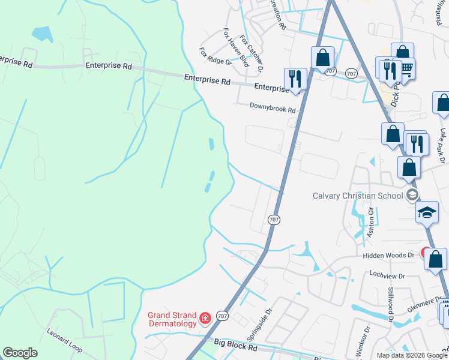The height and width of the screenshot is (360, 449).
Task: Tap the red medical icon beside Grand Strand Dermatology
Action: click(x=205, y=317)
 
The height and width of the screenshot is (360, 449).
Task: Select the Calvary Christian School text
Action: click(x=358, y=196)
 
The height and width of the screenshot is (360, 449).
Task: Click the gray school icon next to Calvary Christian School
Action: click(x=412, y=194)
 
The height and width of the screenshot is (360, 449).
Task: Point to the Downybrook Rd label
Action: click(x=273, y=110)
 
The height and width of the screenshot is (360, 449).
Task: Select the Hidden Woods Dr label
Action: click(x=388, y=255)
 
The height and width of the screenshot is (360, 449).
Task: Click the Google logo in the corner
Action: click(x=20, y=353)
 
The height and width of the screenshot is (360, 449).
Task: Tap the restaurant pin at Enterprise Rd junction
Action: click(x=295, y=79)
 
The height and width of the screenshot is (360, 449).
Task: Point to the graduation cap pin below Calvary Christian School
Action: click(x=427, y=212)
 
